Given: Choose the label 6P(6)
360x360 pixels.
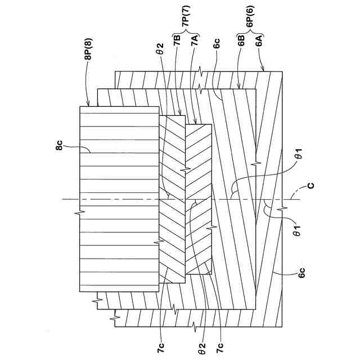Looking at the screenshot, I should (250, 26).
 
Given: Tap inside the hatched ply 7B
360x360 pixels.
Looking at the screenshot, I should (172, 225).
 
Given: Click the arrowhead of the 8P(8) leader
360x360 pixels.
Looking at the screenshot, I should (88, 105).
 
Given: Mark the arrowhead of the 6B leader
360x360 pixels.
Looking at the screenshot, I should (240, 89).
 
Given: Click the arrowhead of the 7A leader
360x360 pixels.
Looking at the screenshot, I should (194, 124).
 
